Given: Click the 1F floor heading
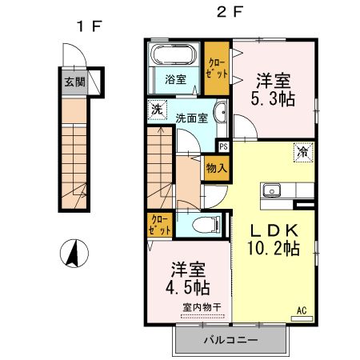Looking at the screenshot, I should pyautogui.click(x=89, y=26).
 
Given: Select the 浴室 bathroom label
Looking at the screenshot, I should pyautogui.click(x=175, y=80).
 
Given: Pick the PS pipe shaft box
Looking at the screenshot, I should pyautogui.click(x=223, y=146).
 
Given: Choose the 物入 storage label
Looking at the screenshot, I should pyautogui.click(x=216, y=168).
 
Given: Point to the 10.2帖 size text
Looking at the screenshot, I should pyautogui.click(x=272, y=248).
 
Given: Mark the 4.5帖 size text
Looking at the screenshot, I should pyautogui.click(x=190, y=286).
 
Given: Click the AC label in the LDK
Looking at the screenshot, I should pyautogui.click(x=302, y=310).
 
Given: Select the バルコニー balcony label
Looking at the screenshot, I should pyautogui.click(x=229, y=340).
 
